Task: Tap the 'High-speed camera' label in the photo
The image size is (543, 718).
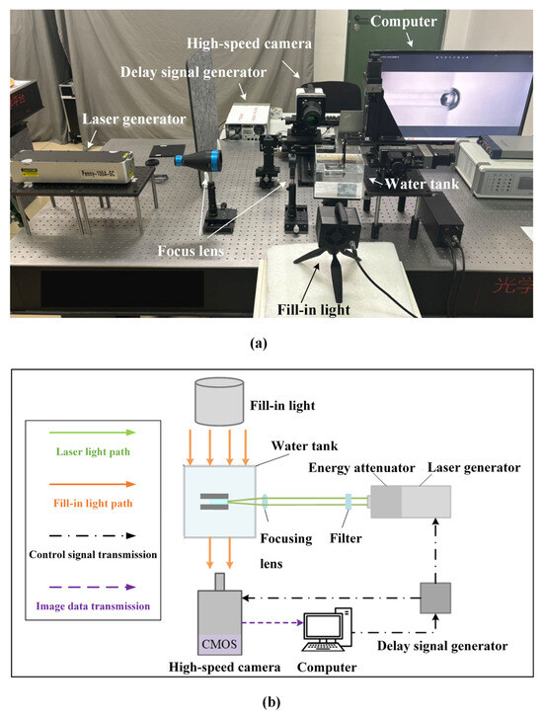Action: (253, 45)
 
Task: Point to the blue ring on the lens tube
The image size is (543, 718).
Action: (181, 160)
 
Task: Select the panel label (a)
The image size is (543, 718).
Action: (271, 345)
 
